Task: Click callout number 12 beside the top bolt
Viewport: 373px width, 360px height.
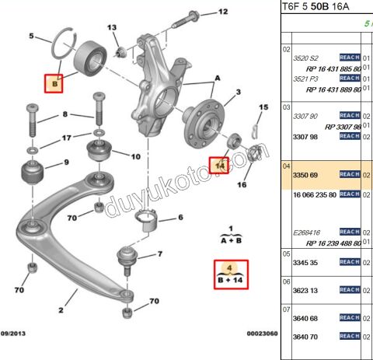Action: coord(223,12)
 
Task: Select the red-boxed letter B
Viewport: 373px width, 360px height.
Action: coord(54,83)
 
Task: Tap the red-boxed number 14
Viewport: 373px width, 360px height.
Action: coord(219,165)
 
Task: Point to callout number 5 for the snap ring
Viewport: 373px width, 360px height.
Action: coord(31,36)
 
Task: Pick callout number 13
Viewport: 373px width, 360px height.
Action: coord(112,28)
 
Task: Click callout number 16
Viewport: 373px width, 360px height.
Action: coord(242,186)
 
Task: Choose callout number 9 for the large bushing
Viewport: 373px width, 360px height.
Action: coord(66,163)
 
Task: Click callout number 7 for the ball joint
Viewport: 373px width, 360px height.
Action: coord(159,254)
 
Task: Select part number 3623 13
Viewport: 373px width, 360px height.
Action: coord(304,291)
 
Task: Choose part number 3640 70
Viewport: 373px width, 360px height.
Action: coord(304,337)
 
